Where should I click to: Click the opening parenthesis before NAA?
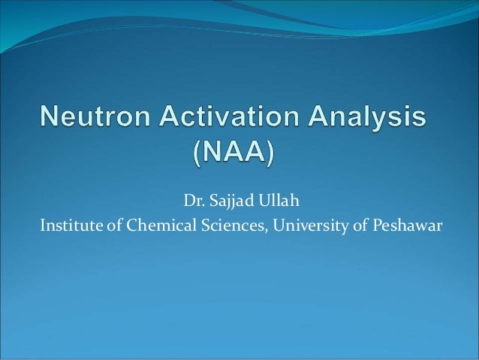tap(198, 154)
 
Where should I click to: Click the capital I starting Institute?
tap(42, 224)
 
